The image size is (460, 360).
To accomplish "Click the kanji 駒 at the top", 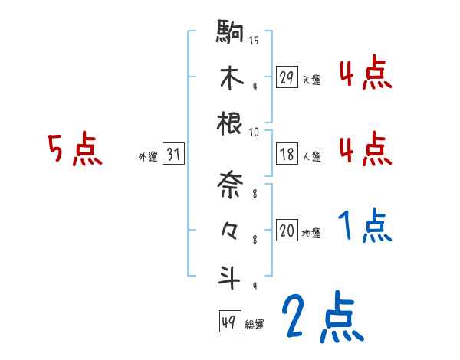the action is pos(231,34).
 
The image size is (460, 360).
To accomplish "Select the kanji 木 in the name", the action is pos(231,78).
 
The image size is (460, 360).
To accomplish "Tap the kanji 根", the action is pos(231,123).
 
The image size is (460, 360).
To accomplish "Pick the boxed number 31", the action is pos(173,155).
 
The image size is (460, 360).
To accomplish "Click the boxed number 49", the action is pos(229,322).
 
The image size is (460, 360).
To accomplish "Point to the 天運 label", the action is pos(311,80).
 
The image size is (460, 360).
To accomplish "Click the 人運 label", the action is pos(311,156).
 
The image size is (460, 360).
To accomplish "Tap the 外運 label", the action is pos(148,156).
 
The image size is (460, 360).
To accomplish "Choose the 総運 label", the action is pos(255,324).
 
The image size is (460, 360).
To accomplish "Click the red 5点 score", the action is pos(75,149).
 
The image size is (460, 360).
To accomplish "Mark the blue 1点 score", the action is pos(365,225).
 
